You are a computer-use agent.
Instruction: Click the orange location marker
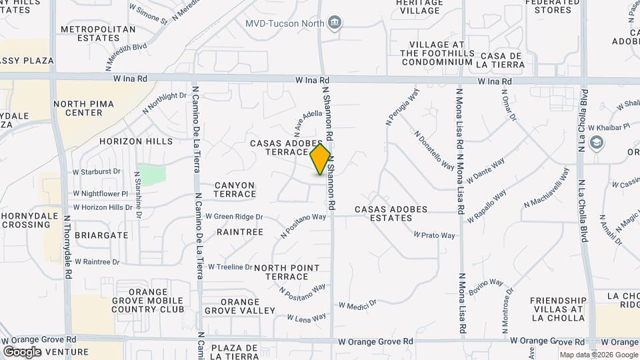321,159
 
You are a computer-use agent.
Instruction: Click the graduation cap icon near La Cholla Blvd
596,143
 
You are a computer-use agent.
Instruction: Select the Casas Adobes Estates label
391,213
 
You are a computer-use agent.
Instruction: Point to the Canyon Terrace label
235,189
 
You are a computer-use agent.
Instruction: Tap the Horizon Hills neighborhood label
136,141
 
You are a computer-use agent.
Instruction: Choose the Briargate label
101,235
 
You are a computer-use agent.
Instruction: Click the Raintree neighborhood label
240,232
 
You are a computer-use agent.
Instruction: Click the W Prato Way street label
434,235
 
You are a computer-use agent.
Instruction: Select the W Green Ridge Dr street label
234,216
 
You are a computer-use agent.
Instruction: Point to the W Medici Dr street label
358,305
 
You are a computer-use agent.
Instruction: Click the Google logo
22,351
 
